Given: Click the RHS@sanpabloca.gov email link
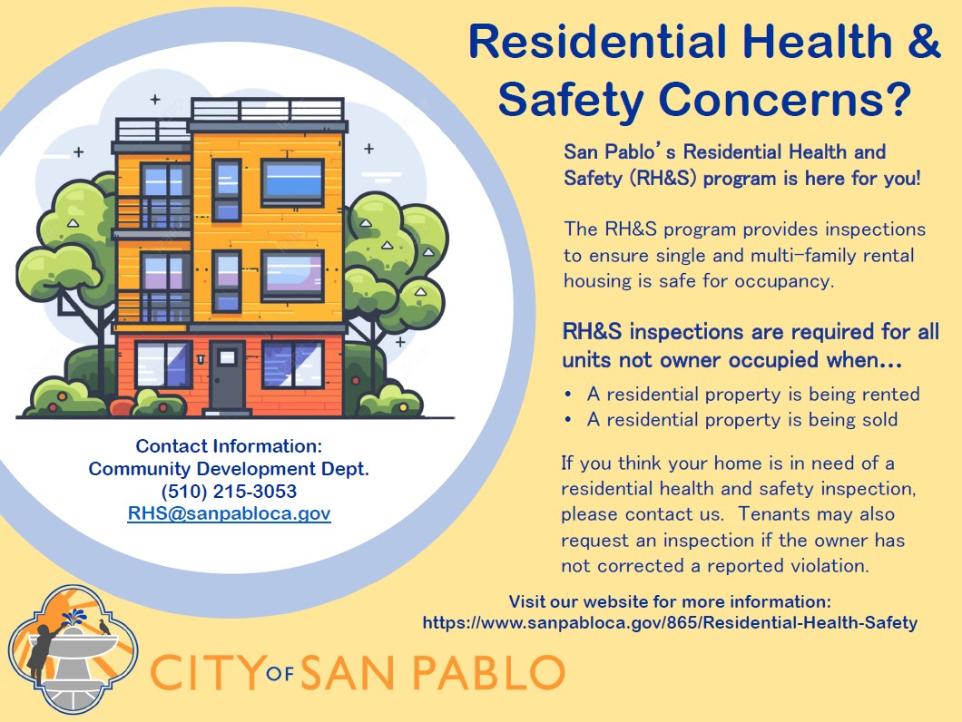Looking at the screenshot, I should pyautogui.click(x=229, y=514).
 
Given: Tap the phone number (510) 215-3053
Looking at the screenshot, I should pyautogui.click(x=229, y=492).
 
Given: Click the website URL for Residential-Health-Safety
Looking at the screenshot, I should pyautogui.click(x=670, y=623).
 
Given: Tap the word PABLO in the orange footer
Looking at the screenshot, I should pyautogui.click(x=491, y=673).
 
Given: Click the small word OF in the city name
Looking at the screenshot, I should pyautogui.click(x=281, y=676).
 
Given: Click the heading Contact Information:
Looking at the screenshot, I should pyautogui.click(x=229, y=446).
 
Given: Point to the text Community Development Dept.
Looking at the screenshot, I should pyautogui.click(x=229, y=469).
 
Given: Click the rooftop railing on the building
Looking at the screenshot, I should pyautogui.click(x=267, y=111).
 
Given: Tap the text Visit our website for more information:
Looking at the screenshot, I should pyautogui.click(x=670, y=601).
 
